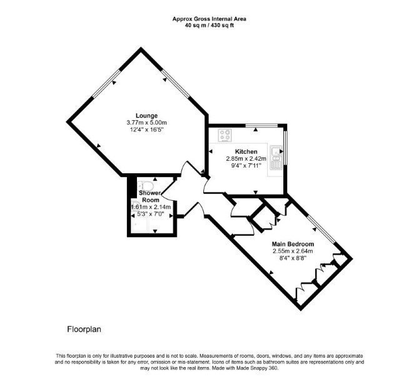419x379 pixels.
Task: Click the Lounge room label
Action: click(146, 116)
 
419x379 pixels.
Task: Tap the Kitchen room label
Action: click(246, 151)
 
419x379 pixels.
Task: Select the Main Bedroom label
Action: click(293, 244)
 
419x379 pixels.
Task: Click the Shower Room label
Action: click(150, 196)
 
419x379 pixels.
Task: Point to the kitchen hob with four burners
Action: click(225, 135)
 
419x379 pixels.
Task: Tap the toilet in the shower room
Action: click(146, 185)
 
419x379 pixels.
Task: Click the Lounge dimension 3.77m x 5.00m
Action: click(146, 123)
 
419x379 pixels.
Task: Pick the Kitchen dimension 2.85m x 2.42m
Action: click(246, 158)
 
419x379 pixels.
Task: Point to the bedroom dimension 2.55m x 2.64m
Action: click(293, 251)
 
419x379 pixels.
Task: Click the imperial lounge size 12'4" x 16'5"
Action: click(146, 130)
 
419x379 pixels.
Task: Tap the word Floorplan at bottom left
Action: click(84, 329)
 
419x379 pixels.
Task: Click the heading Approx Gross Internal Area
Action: click(209, 19)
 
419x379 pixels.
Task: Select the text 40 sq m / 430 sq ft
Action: click(209, 26)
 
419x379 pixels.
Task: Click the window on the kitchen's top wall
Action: click(261, 125)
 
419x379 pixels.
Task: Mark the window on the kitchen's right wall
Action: click(285, 148)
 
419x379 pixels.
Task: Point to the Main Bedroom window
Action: click(320, 229)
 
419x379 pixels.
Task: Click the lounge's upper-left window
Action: click(106, 83)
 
